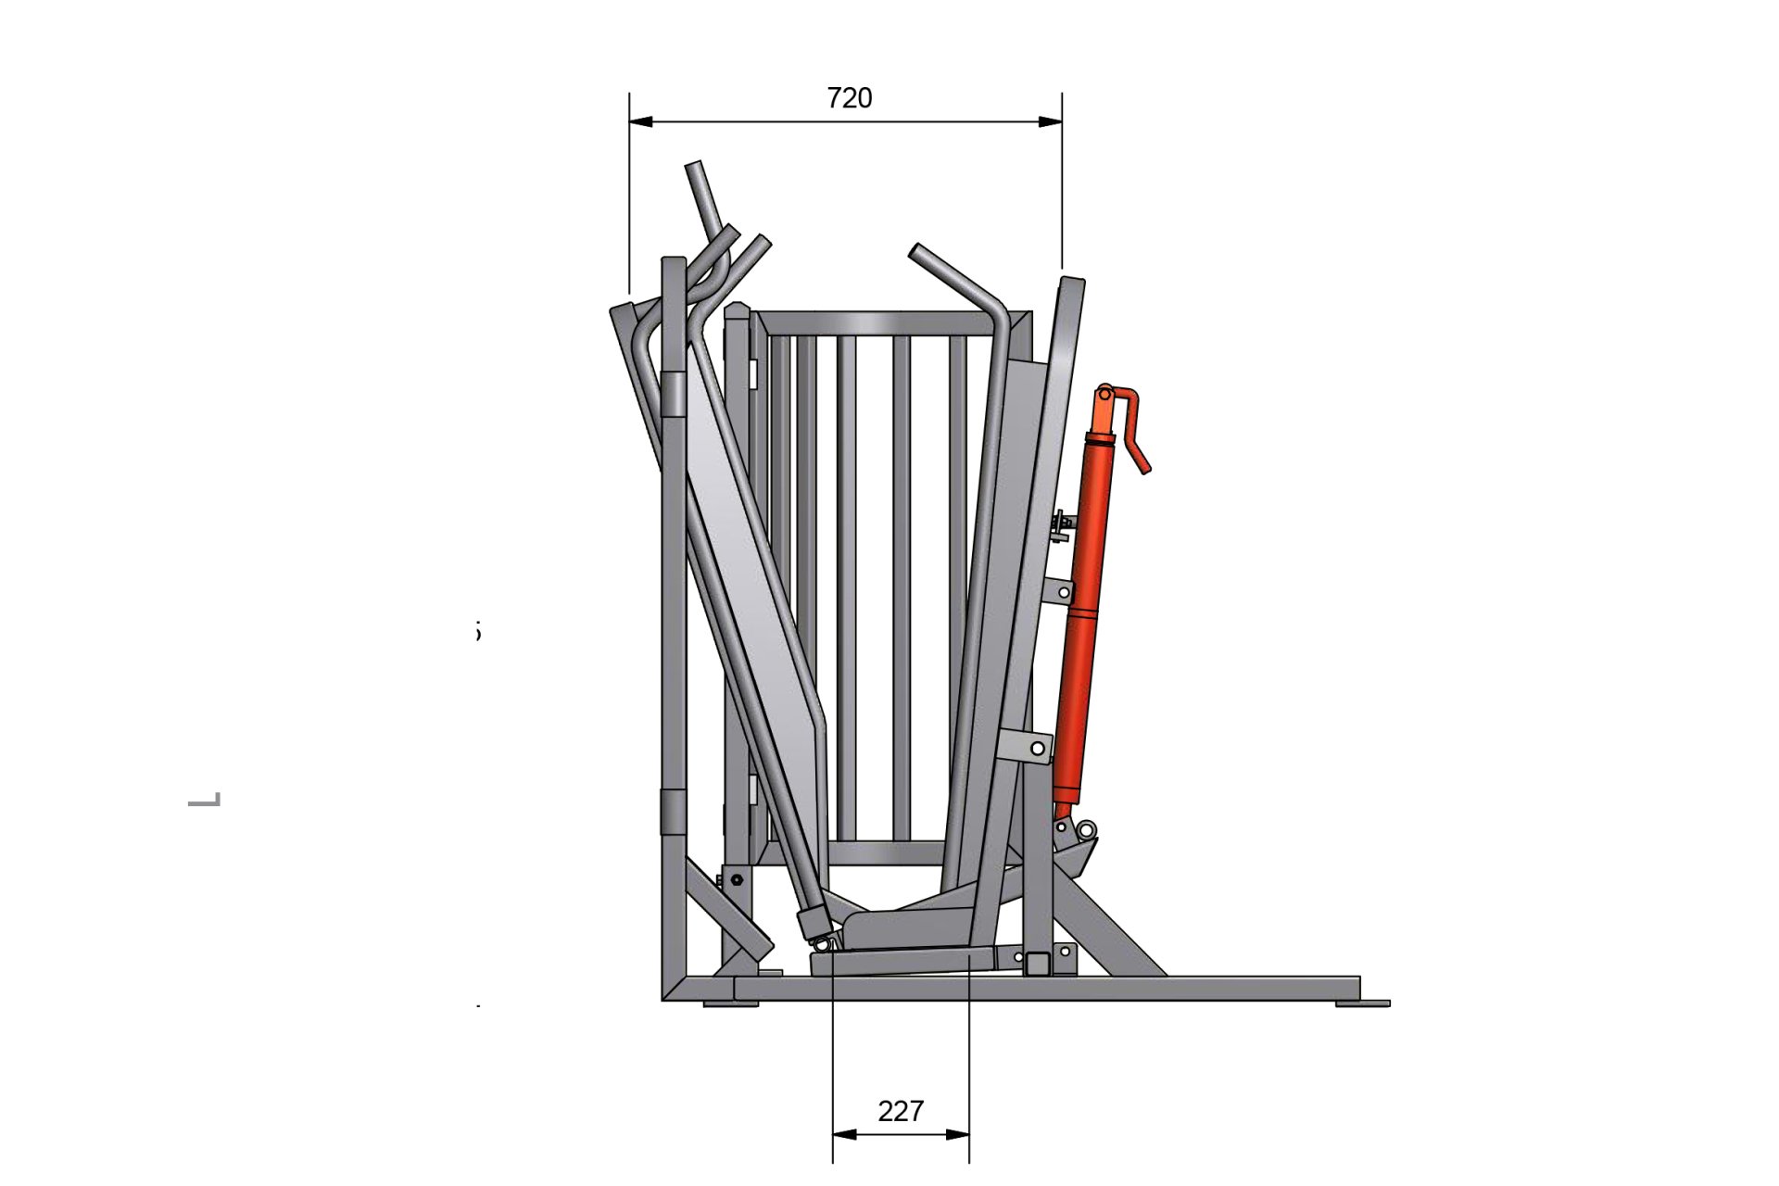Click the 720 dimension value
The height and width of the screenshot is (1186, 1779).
coord(849,98)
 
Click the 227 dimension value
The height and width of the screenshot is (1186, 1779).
coord(900,1111)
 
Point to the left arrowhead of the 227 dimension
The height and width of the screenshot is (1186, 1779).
coord(844,1134)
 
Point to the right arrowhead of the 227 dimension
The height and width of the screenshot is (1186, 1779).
coord(958,1134)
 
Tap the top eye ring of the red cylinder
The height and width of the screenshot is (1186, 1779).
coord(1104,393)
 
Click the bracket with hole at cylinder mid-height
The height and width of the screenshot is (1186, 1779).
coord(1058,591)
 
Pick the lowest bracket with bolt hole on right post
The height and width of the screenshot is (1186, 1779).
coord(1028,746)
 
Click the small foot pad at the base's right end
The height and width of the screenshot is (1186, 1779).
coord(1362,1003)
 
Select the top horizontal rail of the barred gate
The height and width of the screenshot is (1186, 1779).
coord(880,324)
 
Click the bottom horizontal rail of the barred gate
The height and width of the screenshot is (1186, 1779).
coord(885,852)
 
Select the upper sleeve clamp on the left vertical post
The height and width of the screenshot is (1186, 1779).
coord(674,394)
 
